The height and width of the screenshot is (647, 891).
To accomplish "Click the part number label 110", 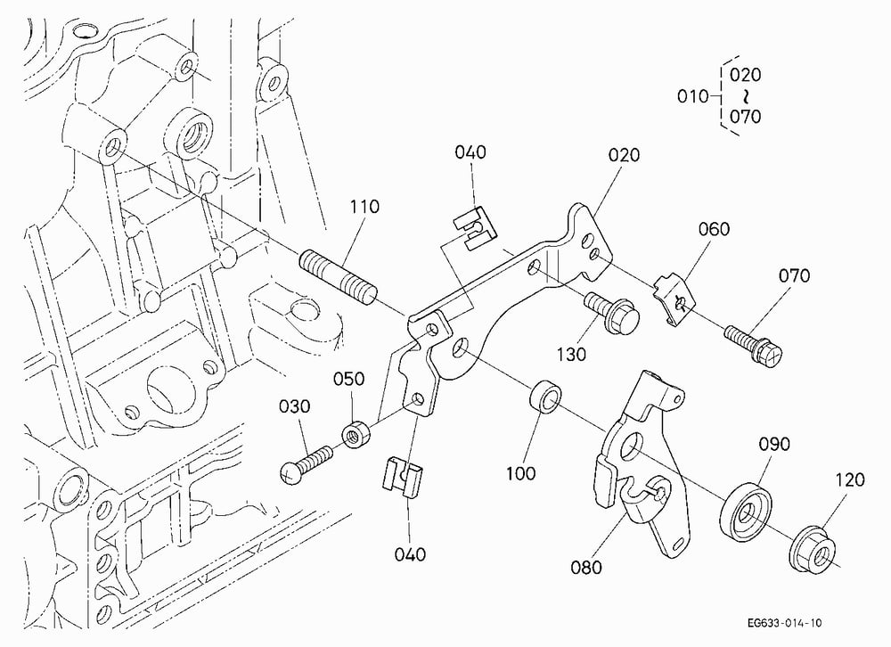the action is [x=364, y=207].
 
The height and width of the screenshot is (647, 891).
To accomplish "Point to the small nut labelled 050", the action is [x=356, y=434].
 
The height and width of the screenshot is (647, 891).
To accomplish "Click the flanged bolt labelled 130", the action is [x=611, y=312].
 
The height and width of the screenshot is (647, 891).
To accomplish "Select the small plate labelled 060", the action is [x=674, y=299].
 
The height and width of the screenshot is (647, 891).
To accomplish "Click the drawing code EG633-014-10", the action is [x=784, y=623].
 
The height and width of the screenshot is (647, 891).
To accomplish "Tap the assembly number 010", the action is [x=692, y=96].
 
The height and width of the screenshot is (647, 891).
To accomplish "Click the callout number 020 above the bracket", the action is [x=624, y=155].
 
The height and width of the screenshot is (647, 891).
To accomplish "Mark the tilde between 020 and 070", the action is [x=746, y=95].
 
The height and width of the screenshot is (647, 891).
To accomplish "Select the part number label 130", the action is [x=570, y=355].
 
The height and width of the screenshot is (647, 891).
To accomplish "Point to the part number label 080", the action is [x=586, y=567].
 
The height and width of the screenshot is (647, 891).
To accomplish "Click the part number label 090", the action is [x=774, y=444].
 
